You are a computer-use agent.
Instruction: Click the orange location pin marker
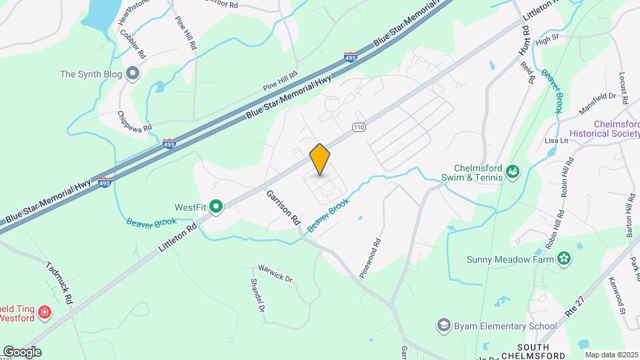tap(320, 160)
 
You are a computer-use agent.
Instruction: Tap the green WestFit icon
tap(215, 207)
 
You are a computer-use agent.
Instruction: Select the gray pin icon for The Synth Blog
tap(132, 74)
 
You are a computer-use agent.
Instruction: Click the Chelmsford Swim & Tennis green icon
tap(513, 172)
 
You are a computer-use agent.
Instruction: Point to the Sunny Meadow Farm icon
tap(564, 259)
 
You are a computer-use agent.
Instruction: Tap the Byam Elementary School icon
tap(443, 325)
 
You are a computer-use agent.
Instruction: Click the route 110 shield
tap(358, 127)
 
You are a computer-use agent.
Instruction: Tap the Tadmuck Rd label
tap(60, 281)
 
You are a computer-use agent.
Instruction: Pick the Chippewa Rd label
tap(135, 121)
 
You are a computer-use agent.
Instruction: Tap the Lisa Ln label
tap(555, 141)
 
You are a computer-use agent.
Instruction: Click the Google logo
tap(21, 351)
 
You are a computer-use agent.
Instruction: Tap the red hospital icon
tap(45, 312)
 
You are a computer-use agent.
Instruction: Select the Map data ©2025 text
tap(611, 355)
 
